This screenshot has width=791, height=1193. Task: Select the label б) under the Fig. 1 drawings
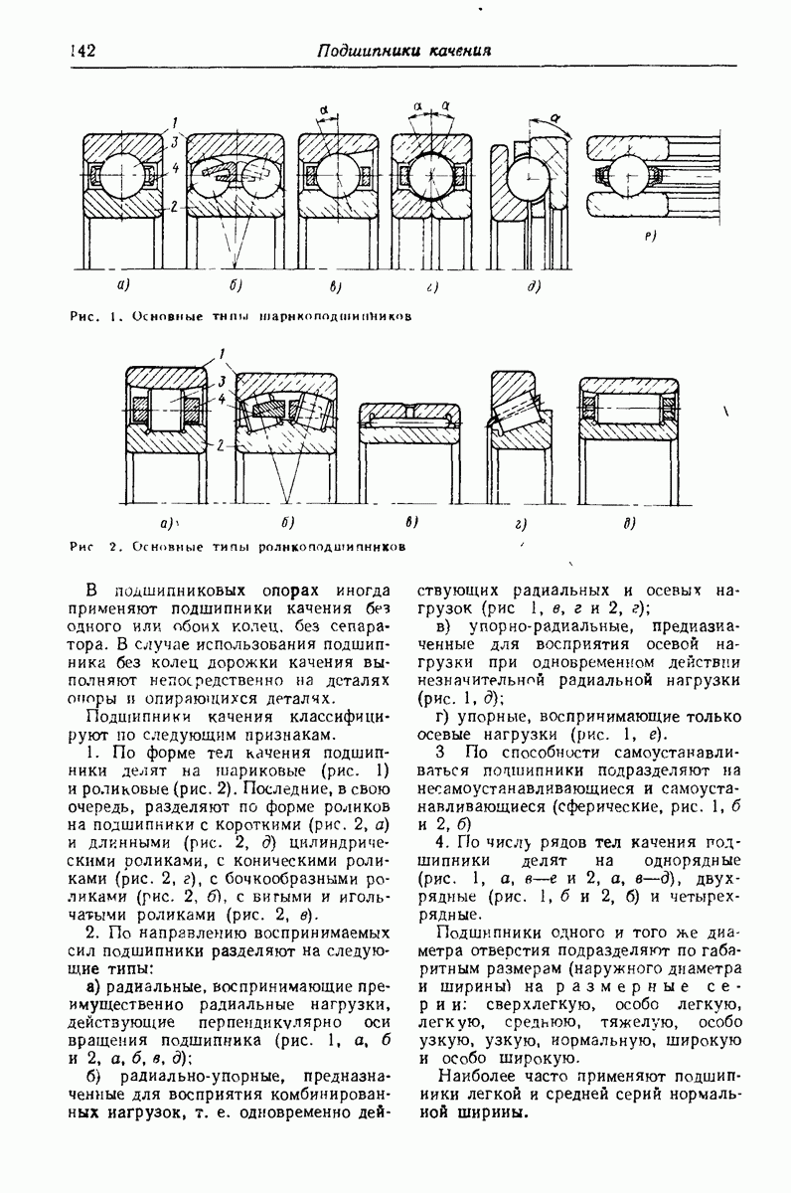236,286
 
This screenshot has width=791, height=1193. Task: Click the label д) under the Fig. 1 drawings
533,286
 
